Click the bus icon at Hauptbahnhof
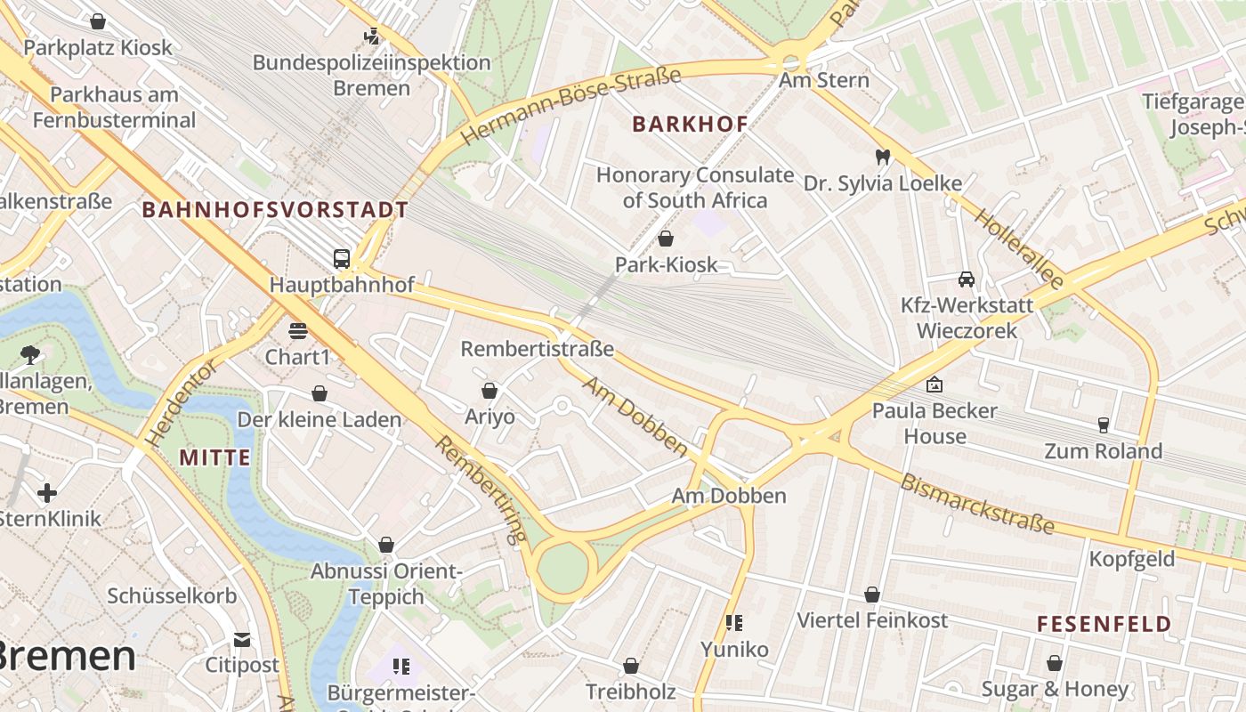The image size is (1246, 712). [x=341, y=259]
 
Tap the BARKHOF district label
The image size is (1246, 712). [x=690, y=124]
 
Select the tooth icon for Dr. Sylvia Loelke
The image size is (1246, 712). [x=883, y=157]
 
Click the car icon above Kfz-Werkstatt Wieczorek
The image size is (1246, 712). [x=967, y=279]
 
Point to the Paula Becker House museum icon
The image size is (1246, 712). [x=934, y=384]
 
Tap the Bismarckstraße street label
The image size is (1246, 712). [x=977, y=505]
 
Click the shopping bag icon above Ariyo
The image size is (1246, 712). [x=489, y=391]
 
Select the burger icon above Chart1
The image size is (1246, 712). [x=297, y=331]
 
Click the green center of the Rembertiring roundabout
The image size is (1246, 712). [x=562, y=569]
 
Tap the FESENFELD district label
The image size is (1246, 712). [x=1104, y=624]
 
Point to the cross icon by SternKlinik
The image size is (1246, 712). [x=47, y=492]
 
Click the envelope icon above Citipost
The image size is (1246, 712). [x=242, y=639]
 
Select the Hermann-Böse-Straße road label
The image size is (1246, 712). [x=571, y=105]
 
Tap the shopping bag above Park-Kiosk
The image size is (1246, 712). [x=665, y=239]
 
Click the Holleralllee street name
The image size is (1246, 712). [x=1018, y=248]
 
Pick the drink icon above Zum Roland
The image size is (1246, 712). [x=1104, y=425]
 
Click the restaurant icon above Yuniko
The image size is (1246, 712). [x=734, y=622]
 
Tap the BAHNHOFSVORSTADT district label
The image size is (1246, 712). [x=275, y=210]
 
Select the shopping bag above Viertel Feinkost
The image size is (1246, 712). [x=872, y=594]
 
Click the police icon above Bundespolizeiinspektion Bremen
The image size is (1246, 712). [x=371, y=36]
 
